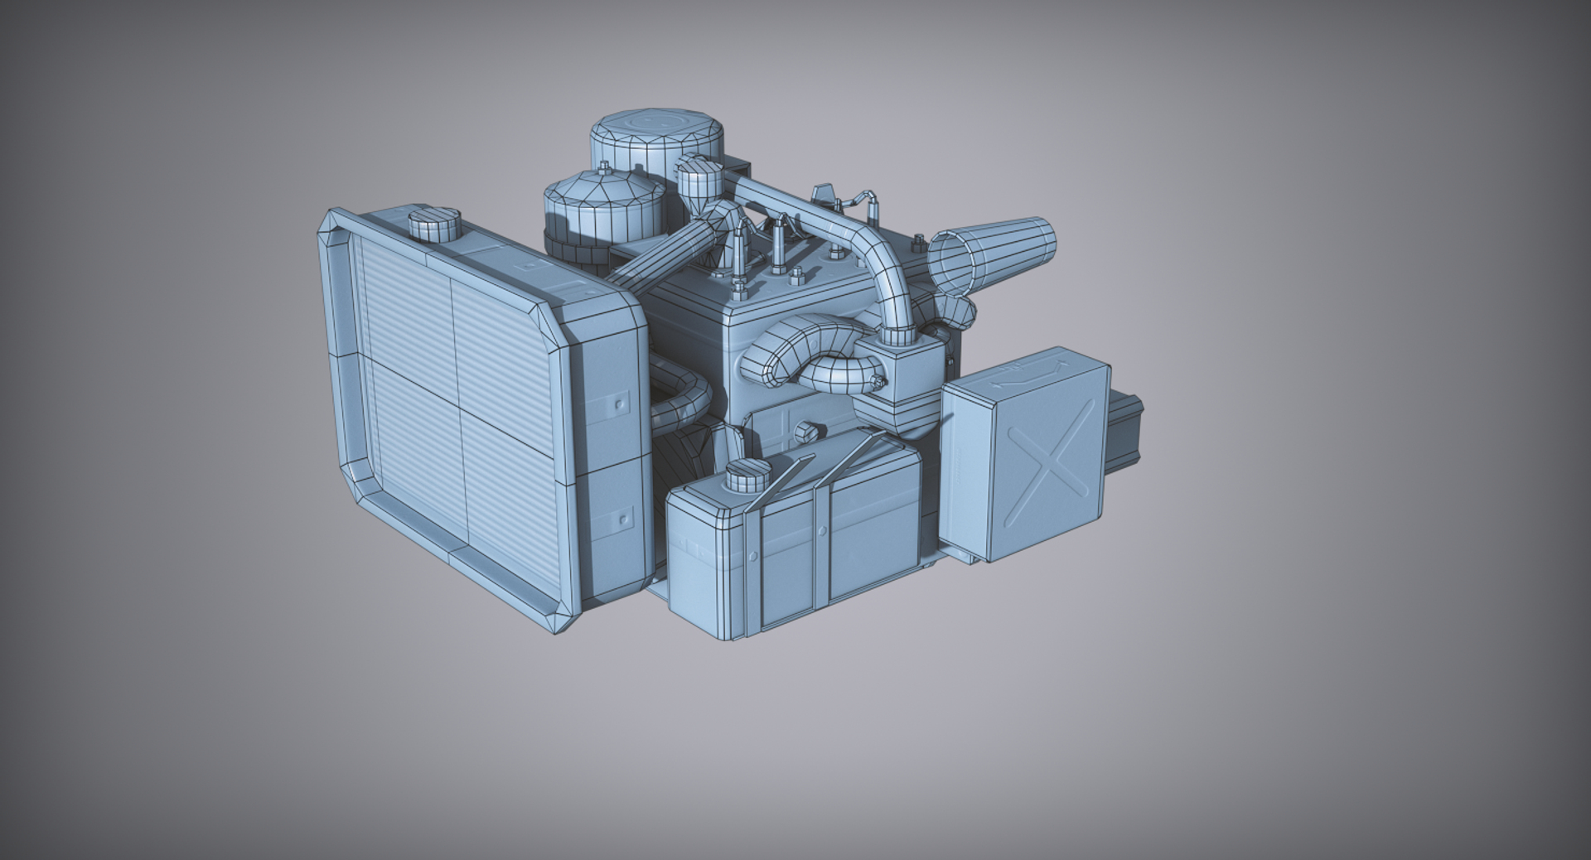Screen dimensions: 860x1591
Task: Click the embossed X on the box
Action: tap(1052, 463)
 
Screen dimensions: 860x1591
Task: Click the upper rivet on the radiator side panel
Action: tap(618, 403)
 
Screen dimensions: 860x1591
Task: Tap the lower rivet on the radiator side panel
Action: tap(623, 519)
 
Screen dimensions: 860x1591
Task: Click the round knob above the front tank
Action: tap(805, 432)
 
